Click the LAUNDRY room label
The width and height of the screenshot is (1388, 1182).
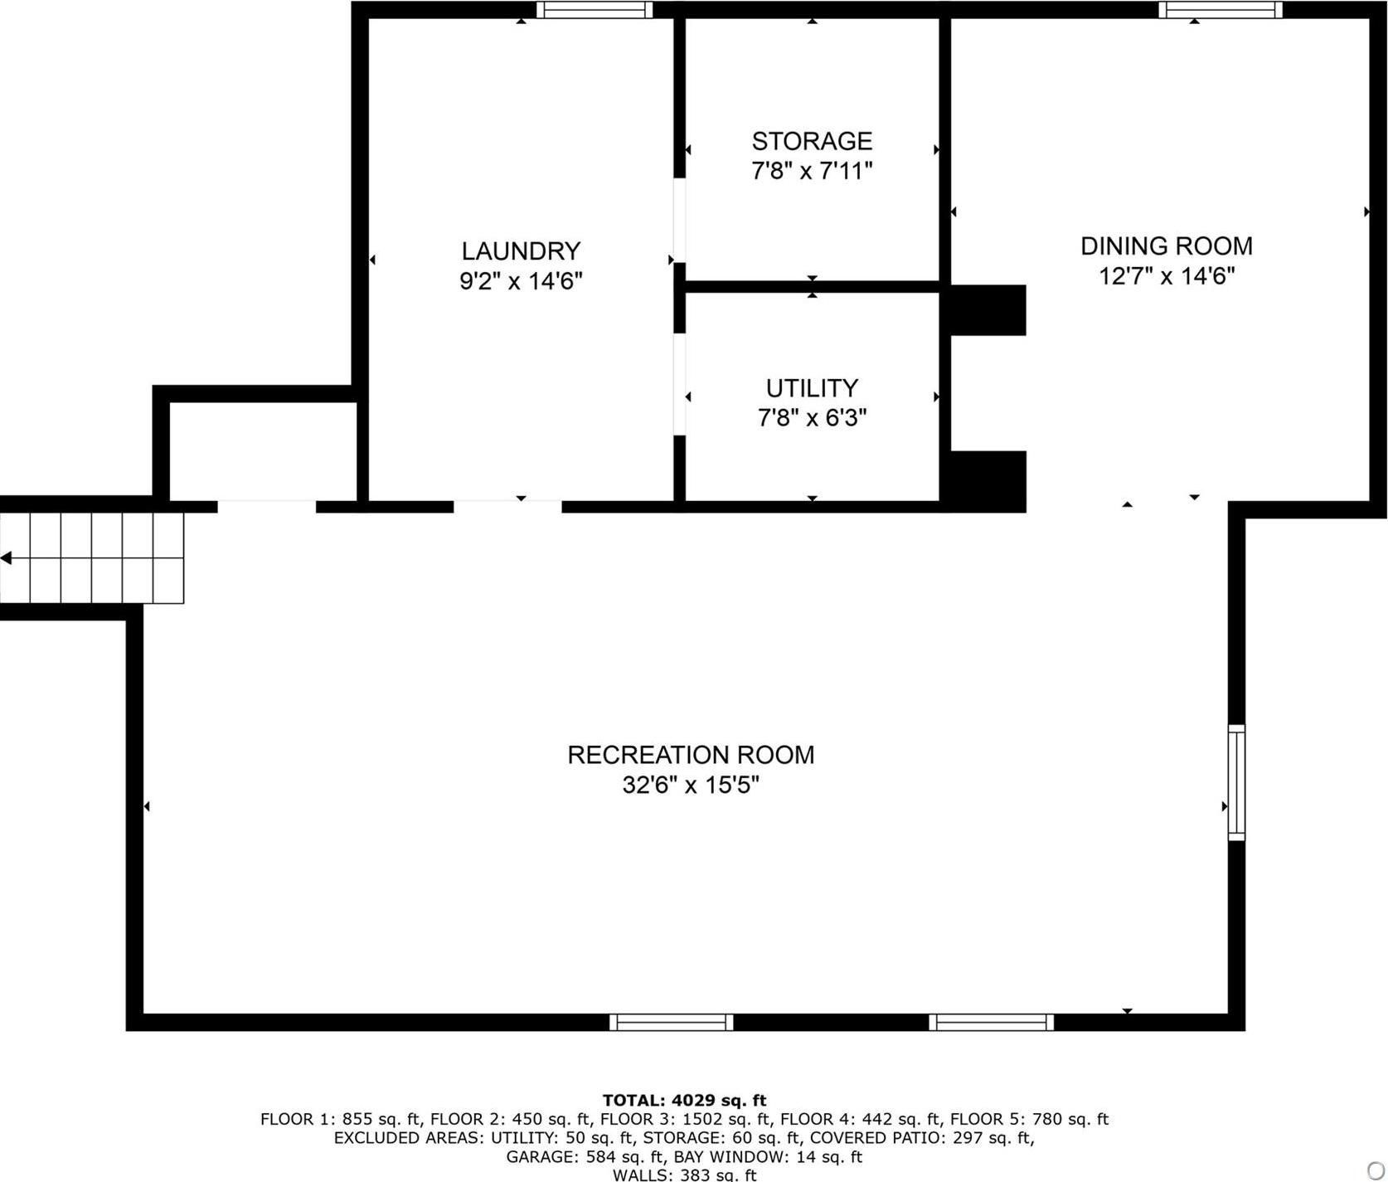point(521,251)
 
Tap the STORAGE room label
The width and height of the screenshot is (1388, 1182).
point(812,141)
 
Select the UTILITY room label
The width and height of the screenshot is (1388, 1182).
point(812,388)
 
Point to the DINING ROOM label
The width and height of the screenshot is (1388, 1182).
point(1166,246)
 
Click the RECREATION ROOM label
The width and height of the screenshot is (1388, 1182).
point(691,755)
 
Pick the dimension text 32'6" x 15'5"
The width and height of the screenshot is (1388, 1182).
point(691,785)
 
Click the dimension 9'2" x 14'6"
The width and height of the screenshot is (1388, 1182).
point(521,281)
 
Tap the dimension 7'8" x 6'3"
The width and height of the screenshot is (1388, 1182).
point(812,418)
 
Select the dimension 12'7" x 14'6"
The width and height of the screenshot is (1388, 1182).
point(1166,276)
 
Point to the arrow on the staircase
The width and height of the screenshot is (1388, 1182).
point(7,558)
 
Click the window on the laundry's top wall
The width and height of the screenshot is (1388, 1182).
point(594,10)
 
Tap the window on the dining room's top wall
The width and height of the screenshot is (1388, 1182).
point(1220,10)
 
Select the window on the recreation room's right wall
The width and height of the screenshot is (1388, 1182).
point(1236,782)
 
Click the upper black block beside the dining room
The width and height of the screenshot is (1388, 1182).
point(988,310)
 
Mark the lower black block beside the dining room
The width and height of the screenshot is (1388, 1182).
point(988,481)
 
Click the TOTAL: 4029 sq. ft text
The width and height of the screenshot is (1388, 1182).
point(684,1101)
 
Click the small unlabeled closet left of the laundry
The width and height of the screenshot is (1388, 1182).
point(264,452)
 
